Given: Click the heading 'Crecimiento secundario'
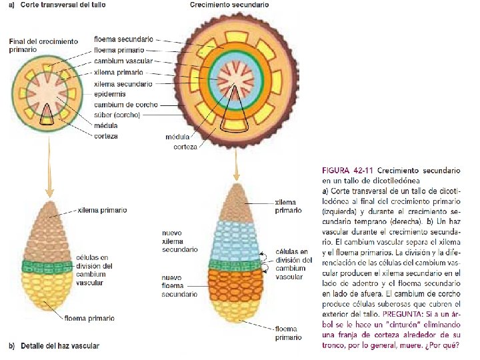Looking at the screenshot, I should click(229, 5).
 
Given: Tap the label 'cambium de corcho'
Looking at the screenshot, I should click(123, 105).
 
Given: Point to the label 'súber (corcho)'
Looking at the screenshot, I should click(117, 115).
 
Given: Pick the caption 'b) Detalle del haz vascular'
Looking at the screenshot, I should click(53, 345).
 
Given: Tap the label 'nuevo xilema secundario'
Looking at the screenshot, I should click(180, 241).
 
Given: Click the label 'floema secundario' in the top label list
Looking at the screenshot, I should click(123, 39).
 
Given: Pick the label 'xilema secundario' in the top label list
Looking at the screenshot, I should click(123, 84).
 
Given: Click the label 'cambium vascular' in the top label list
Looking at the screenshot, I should click(123, 61).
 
